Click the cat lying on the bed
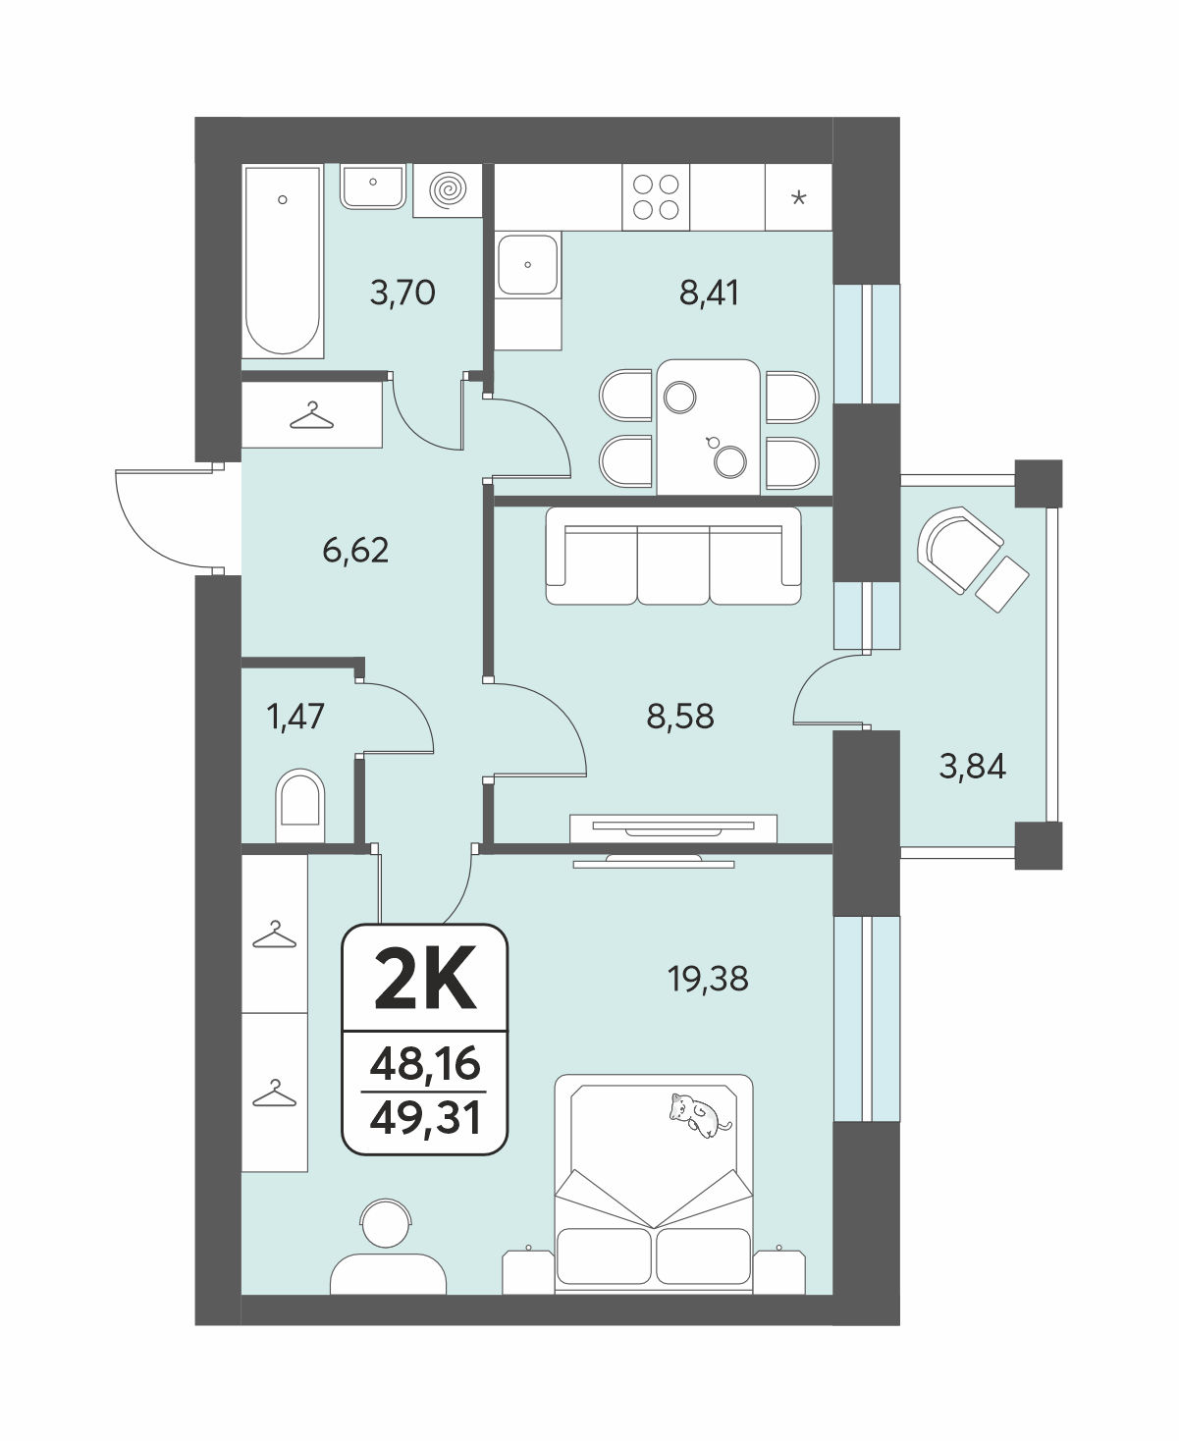[700, 1116]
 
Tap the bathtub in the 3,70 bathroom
[283, 261]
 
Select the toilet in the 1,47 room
[300, 806]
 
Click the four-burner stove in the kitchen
[656, 196]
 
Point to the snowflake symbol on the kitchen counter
[798, 198]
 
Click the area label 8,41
[709, 294]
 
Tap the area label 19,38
[708, 979]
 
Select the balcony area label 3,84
[973, 767]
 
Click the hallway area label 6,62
[355, 550]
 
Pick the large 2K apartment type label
[425, 982]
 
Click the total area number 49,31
[424, 1118]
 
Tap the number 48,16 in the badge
[424, 1064]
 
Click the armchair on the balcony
[960, 550]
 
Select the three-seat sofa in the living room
[673, 556]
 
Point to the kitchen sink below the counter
[527, 264]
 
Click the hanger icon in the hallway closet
[311, 415]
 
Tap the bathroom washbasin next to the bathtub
[373, 186]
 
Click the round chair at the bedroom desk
[387, 1224]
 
